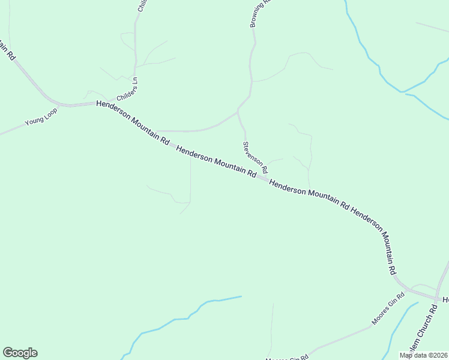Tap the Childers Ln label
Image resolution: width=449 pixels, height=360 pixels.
127,88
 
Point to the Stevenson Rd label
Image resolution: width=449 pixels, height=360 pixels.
255,158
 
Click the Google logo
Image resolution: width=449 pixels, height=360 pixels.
20,353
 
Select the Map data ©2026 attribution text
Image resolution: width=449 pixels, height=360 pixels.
423,355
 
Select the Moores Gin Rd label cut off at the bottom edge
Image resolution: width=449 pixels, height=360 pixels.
287,358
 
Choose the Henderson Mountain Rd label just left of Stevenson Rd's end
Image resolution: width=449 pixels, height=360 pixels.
216,160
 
